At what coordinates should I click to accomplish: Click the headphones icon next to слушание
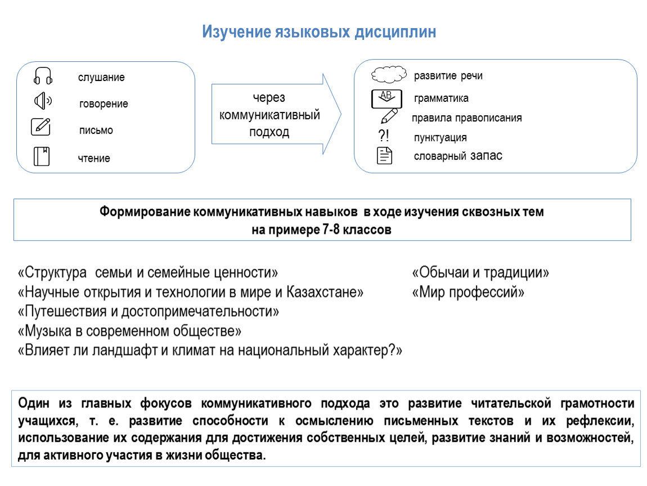click(x=43, y=76)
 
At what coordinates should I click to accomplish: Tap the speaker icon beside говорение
click(x=43, y=101)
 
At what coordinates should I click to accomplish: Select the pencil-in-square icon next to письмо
click(x=41, y=127)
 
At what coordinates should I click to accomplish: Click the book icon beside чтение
click(x=42, y=156)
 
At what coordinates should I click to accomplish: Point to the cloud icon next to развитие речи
click(x=389, y=74)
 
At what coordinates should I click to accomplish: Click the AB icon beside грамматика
click(x=387, y=98)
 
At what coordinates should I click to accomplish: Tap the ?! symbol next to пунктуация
click(x=384, y=135)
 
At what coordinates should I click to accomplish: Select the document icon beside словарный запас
click(x=385, y=156)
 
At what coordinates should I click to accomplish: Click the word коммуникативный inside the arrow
click(x=269, y=115)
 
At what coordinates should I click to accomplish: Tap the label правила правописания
click(x=466, y=118)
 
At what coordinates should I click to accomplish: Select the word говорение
click(x=104, y=103)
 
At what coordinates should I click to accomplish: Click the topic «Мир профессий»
click(x=468, y=292)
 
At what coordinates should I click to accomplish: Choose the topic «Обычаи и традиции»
click(x=480, y=273)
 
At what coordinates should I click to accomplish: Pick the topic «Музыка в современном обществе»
click(x=129, y=331)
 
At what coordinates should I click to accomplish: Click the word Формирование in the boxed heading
click(x=145, y=211)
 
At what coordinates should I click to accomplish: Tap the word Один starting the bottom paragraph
click(x=34, y=403)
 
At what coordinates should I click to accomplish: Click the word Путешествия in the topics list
click(x=66, y=312)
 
